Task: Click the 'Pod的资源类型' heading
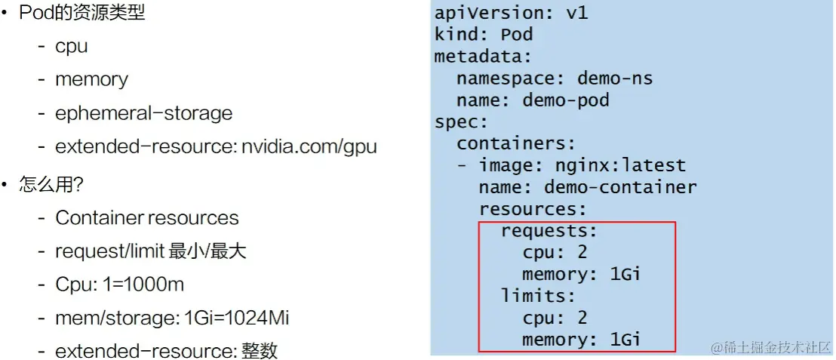pos(82,13)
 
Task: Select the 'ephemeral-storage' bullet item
pos(143,113)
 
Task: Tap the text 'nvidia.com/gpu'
pos(309,147)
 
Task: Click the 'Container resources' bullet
pos(146,218)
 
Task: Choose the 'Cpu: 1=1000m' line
pos(119,285)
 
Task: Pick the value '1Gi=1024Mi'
pos(236,318)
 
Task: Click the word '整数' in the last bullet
pos(260,351)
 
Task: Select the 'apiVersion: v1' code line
pos(511,13)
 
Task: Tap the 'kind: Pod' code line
pos(484,35)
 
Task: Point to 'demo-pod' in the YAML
pos(566,100)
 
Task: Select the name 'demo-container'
pos(620,187)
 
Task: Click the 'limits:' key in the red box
pos(539,296)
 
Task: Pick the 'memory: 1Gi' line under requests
pos(582,274)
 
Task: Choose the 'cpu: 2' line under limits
pos(555,318)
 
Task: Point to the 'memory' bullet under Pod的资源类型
pos(91,79)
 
